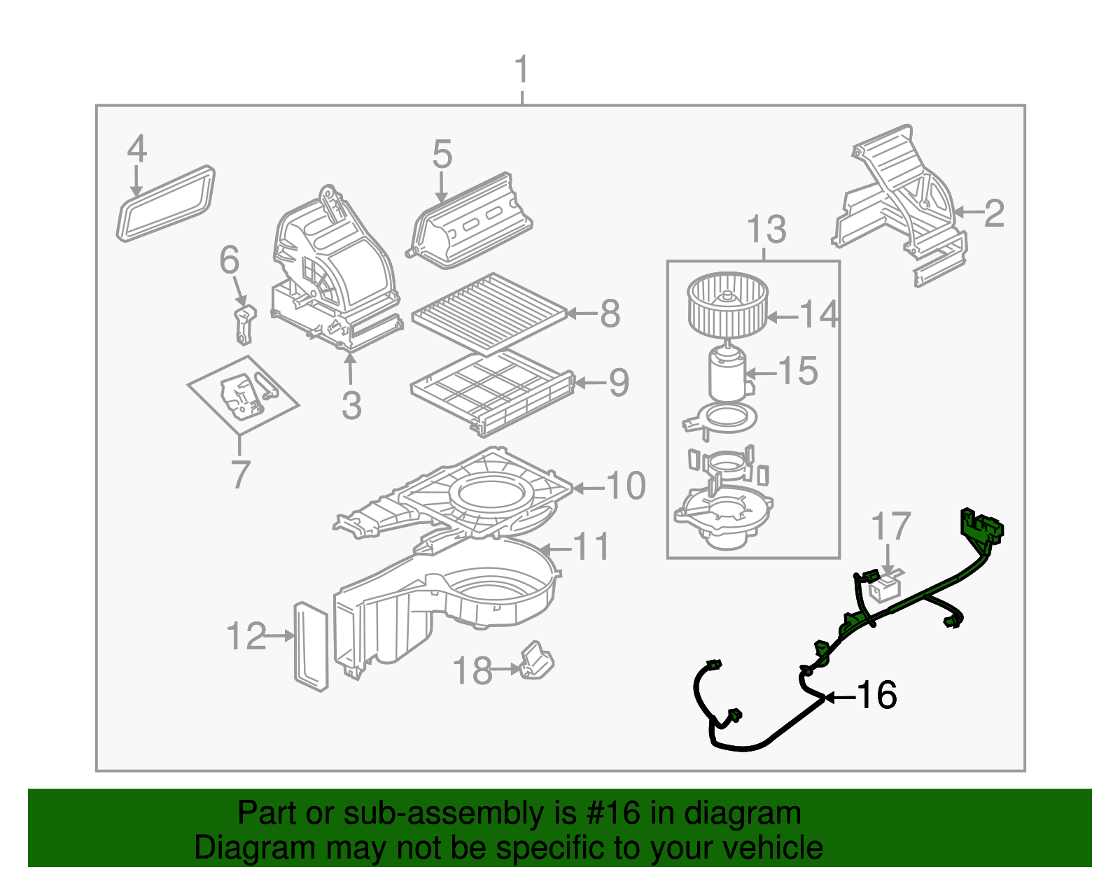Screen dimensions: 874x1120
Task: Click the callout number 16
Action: [x=876, y=696]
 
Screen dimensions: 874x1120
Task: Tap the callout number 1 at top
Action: [x=521, y=71]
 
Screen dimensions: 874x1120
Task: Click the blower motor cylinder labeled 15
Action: [x=728, y=374]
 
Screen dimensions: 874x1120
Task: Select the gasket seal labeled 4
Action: [x=165, y=203]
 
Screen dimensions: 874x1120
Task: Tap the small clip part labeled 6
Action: [x=244, y=324]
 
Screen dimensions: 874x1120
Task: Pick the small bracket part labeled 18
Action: [x=536, y=661]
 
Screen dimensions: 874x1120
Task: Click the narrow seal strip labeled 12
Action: [x=311, y=646]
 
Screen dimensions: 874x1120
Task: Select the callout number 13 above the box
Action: [x=766, y=230]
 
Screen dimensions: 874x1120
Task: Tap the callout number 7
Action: [x=240, y=474]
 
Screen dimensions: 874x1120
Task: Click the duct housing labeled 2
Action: [x=903, y=203]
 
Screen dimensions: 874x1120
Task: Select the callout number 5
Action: [x=442, y=155]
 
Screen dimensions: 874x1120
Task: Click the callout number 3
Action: [x=351, y=405]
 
